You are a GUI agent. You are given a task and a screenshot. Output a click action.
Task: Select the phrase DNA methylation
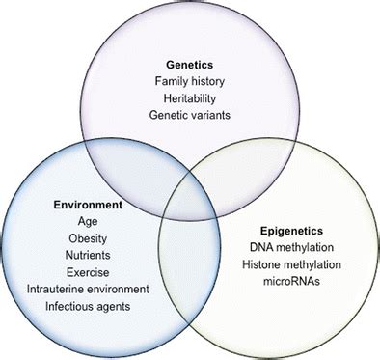point(290,249)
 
